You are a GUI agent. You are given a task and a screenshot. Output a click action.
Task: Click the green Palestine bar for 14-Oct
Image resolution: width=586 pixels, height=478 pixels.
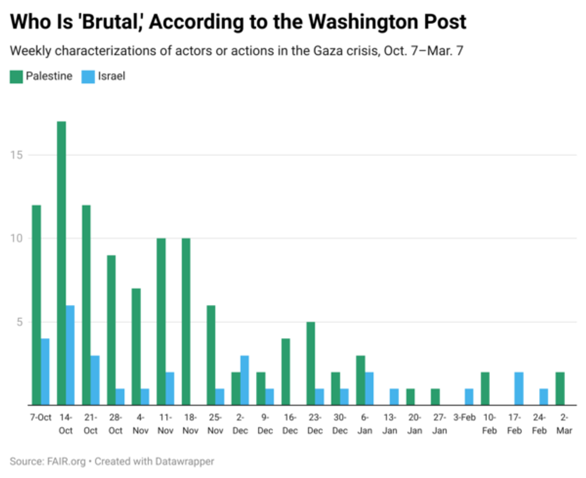pyautogui.click(x=62, y=263)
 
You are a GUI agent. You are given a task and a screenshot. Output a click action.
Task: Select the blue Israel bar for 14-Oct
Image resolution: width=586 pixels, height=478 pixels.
pyautogui.click(x=71, y=355)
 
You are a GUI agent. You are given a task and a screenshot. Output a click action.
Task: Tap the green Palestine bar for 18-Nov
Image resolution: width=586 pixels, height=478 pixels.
pyautogui.click(x=187, y=321)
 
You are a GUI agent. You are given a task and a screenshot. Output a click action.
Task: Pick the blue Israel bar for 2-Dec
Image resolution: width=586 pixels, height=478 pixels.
pyautogui.click(x=245, y=380)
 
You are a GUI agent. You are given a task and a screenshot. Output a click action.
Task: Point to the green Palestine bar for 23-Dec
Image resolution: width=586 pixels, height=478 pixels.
pyautogui.click(x=311, y=363)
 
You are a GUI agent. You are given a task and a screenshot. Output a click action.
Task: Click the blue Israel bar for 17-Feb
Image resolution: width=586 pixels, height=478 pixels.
pyautogui.click(x=520, y=388)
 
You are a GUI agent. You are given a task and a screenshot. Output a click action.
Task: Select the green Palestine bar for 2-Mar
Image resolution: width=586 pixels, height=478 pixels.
pyautogui.click(x=561, y=388)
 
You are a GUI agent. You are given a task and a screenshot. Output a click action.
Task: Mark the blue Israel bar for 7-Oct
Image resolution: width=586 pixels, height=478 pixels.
pyautogui.click(x=45, y=372)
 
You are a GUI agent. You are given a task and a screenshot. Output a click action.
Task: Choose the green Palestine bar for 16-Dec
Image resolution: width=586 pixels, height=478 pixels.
pyautogui.click(x=286, y=372)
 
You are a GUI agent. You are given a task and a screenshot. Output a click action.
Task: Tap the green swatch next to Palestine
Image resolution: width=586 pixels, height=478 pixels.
pyautogui.click(x=16, y=76)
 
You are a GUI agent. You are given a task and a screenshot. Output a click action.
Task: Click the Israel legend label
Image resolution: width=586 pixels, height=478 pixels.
pyautogui.click(x=111, y=76)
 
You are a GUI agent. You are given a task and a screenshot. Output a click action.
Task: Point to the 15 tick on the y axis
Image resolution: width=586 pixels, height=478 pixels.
pyautogui.click(x=18, y=155)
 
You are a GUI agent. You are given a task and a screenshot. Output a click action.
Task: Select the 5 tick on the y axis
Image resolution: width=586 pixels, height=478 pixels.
pyautogui.click(x=20, y=322)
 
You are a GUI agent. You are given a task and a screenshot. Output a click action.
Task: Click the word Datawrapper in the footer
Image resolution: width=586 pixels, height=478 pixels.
pyautogui.click(x=185, y=461)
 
